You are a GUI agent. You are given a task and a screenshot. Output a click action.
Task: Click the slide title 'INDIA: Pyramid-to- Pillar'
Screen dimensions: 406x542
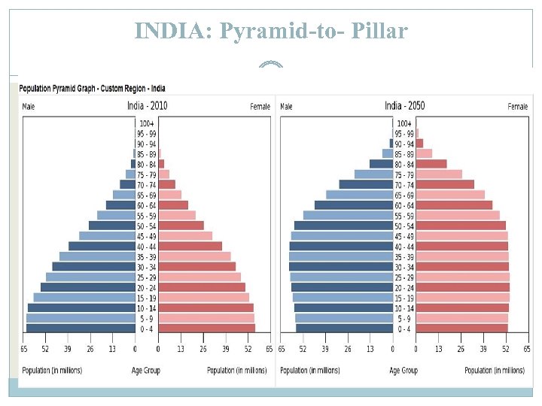click(x=271, y=31)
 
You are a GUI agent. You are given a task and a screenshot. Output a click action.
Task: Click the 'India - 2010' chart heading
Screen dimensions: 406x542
click(x=147, y=105)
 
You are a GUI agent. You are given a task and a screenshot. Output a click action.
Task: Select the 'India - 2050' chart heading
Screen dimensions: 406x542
click(x=404, y=105)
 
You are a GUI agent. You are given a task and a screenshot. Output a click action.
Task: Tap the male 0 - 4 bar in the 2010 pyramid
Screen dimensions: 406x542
click(x=81, y=329)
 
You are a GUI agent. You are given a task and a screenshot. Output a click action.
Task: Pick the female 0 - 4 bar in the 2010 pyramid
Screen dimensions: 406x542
click(x=206, y=329)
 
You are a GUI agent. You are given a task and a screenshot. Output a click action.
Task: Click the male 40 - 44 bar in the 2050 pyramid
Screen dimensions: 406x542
click(x=341, y=247)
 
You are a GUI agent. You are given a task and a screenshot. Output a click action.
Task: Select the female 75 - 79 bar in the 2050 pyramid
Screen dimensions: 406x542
click(x=439, y=174)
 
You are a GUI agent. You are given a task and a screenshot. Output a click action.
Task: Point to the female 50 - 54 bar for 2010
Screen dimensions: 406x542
click(x=181, y=226)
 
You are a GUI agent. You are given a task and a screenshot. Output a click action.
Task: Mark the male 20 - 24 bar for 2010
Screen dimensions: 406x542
click(x=87, y=287)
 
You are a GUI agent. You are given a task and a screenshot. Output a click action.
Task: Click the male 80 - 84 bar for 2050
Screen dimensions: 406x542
click(x=381, y=164)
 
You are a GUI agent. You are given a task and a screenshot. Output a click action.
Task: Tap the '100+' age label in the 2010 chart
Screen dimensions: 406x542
click(x=146, y=123)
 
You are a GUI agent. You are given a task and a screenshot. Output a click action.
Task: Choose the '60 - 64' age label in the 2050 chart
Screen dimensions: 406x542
click(x=404, y=205)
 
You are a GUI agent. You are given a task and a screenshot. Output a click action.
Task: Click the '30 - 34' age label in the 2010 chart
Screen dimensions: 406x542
click(x=146, y=267)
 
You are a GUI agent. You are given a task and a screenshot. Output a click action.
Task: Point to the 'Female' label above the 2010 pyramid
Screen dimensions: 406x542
click(x=260, y=107)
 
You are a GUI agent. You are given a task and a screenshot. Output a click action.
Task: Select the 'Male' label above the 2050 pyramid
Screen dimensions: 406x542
click(x=287, y=107)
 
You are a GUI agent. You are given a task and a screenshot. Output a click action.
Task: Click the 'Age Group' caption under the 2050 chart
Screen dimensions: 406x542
click(x=404, y=371)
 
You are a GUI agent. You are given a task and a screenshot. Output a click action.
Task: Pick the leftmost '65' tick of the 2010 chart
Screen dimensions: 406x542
click(x=24, y=350)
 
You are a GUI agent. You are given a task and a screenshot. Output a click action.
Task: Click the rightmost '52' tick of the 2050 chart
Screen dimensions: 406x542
click(x=506, y=350)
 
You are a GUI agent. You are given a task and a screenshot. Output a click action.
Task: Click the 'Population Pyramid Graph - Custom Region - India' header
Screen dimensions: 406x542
click(x=93, y=89)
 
